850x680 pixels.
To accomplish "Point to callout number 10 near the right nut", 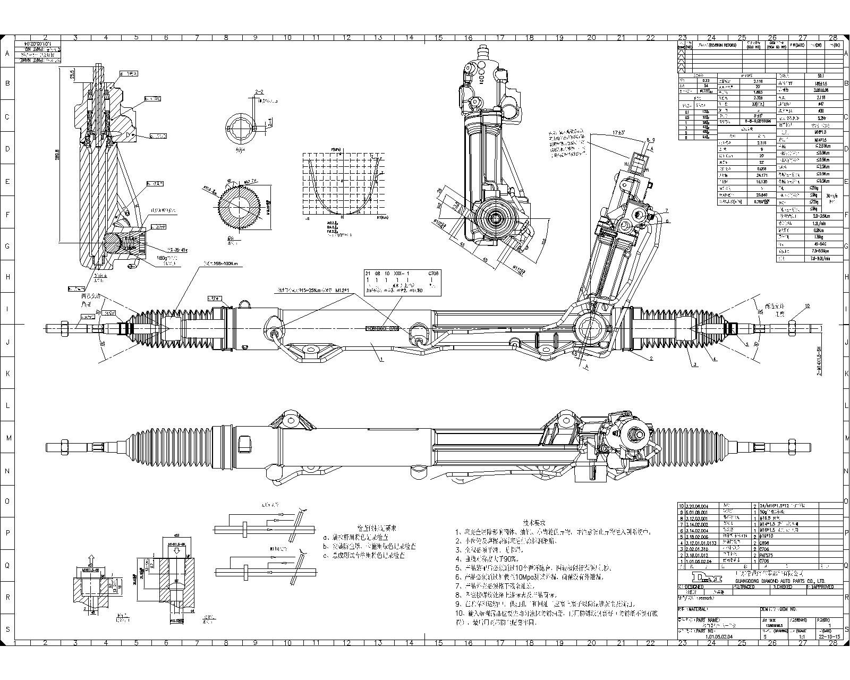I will (x=807, y=306).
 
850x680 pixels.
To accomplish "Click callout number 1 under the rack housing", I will (x=381, y=360).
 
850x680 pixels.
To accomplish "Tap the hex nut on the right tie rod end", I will (x=792, y=328).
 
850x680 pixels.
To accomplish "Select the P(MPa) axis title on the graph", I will (x=336, y=149).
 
